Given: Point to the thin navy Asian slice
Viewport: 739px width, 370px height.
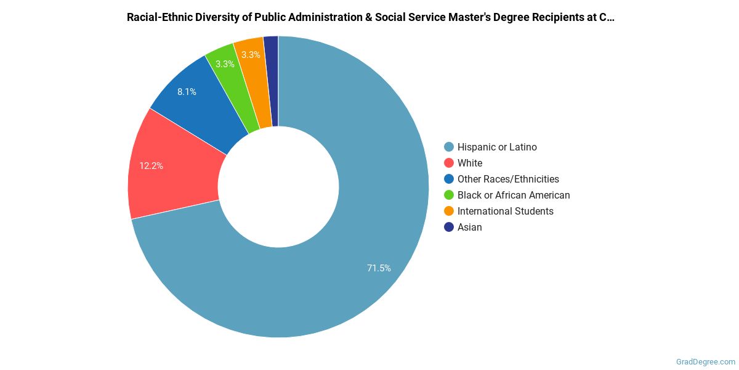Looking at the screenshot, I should click(x=272, y=80).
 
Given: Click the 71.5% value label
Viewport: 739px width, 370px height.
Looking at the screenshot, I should click(x=379, y=268).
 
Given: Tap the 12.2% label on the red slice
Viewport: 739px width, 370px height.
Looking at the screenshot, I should click(x=151, y=166).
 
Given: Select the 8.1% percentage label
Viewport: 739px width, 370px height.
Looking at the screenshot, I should click(x=187, y=92).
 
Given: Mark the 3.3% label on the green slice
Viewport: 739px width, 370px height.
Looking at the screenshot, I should click(x=225, y=64).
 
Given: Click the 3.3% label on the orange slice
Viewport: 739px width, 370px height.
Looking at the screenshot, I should click(x=251, y=55).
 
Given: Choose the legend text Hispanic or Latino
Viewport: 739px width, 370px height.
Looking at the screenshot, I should click(x=497, y=147).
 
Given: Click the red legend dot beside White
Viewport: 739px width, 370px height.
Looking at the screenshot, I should click(x=449, y=163).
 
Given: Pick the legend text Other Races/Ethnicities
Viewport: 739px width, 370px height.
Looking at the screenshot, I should click(x=508, y=179).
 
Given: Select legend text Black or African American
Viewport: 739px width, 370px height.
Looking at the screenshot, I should click(x=514, y=195).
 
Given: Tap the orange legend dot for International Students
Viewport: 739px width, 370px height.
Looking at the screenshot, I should click(x=449, y=211).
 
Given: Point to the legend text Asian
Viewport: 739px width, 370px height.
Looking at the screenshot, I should click(x=470, y=227).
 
